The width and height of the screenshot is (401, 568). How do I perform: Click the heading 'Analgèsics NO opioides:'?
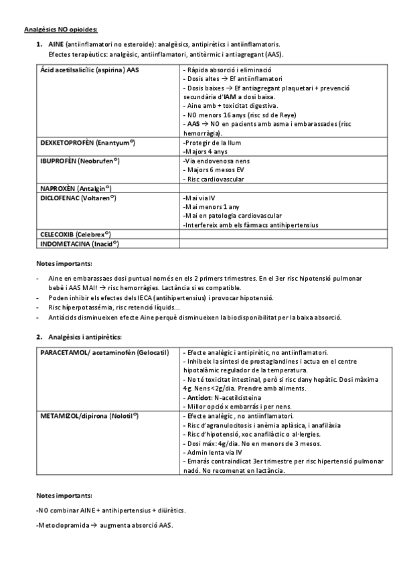tap(61, 29)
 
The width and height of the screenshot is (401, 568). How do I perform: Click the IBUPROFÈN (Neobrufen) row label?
tap(80, 161)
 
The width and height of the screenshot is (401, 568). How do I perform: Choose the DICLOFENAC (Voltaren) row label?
tap(78, 198)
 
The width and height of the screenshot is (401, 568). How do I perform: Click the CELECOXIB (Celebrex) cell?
tap(76, 234)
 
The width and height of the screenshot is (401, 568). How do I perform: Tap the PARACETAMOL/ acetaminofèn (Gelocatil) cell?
tap(104, 352)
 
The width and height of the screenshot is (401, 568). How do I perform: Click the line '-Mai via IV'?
tap(199, 198)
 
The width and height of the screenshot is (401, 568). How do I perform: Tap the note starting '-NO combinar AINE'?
tap(110, 510)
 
